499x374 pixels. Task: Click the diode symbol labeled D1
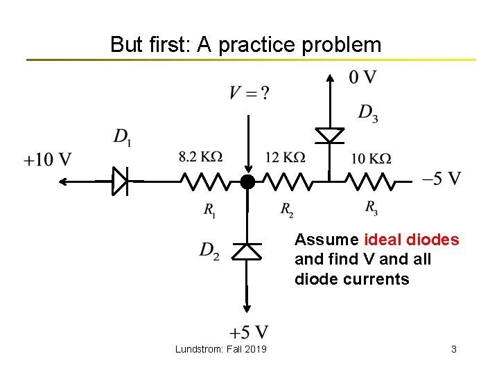click(x=120, y=182)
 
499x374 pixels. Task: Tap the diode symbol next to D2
click(x=246, y=251)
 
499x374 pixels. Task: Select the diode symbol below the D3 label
click(x=330, y=135)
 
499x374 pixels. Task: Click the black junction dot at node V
click(x=247, y=182)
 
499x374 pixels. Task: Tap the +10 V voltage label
click(x=48, y=160)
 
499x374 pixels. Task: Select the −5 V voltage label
click(x=441, y=179)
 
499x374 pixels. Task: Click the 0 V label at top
click(x=362, y=78)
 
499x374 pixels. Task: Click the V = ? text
click(x=249, y=93)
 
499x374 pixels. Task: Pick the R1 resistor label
click(x=209, y=209)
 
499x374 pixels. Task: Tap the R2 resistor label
click(x=286, y=209)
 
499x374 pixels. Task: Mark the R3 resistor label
click(x=371, y=208)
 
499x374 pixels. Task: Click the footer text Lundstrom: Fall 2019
click(x=220, y=349)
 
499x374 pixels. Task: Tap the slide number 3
click(x=453, y=349)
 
